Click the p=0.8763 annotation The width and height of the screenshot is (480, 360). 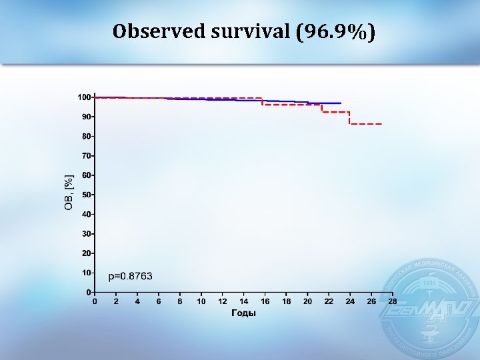click(131, 275)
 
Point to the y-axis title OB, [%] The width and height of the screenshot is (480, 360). click(69, 193)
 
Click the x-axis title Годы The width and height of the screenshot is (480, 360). click(243, 313)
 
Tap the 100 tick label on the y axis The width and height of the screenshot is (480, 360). click(84, 97)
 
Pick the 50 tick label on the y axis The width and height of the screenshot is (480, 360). click(86, 195)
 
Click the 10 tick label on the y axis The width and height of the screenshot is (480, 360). click(86, 273)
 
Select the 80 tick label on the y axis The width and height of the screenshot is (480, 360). click(86, 136)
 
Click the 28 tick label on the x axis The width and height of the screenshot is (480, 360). click(392, 301)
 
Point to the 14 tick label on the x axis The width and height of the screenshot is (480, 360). click(243, 301)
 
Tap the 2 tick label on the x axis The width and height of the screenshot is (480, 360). click(116, 301)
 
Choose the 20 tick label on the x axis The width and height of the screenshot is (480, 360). click(307, 301)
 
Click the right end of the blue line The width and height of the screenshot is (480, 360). click(341, 103)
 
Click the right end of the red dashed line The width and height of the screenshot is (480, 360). click(381, 124)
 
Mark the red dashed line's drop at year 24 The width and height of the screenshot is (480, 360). click(350, 118)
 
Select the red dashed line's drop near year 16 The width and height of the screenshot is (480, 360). click(262, 101)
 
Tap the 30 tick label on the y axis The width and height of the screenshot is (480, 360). click(86, 234)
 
